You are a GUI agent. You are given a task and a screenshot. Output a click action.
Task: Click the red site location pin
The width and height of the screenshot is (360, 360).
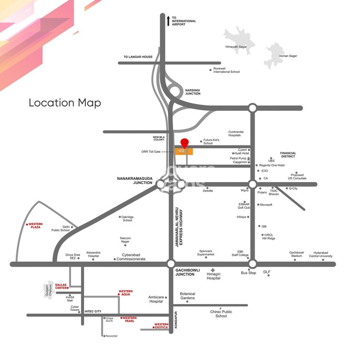(185, 143)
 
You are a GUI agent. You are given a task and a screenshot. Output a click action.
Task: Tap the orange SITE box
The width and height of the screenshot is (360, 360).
(183, 151)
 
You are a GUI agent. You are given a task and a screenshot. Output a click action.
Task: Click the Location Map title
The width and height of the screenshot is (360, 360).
(65, 103)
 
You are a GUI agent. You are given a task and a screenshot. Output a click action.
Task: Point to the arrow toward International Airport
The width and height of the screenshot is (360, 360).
(168, 21)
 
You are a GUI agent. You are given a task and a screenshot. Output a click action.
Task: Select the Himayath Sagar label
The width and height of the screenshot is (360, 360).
(237, 47)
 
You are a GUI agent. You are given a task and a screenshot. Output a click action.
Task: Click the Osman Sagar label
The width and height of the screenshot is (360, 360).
(288, 56)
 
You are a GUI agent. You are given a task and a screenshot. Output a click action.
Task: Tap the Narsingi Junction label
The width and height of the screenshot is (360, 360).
(193, 92)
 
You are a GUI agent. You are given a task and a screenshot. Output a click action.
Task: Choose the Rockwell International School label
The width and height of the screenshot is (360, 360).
(226, 70)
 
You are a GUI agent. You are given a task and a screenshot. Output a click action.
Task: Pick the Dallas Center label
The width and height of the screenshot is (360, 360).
(61, 286)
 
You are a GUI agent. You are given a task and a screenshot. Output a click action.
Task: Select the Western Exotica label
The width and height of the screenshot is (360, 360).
(161, 326)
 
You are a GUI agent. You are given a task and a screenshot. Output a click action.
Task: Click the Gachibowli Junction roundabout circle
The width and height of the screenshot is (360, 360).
(171, 264)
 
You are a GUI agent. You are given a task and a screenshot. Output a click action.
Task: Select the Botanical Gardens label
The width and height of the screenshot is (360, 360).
(187, 296)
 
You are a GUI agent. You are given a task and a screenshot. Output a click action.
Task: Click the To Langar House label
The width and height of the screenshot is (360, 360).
(138, 57)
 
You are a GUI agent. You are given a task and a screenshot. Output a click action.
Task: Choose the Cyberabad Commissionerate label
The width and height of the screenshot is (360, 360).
(132, 259)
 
